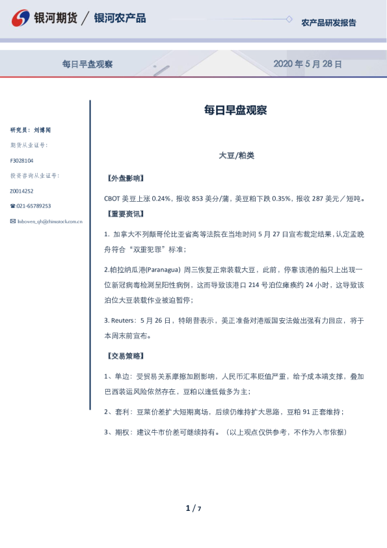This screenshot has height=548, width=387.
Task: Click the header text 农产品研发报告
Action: tap(328, 23)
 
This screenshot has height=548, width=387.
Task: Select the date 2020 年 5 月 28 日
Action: tap(307, 64)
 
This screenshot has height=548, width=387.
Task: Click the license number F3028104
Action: tap(21, 160)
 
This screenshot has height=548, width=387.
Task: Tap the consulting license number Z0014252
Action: tap(21, 191)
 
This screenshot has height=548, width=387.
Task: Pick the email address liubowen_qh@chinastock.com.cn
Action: tap(49, 222)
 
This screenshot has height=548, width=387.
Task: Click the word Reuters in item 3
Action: tap(122, 320)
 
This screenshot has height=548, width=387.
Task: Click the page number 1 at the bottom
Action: tap(188, 508)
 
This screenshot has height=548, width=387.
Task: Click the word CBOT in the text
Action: tap(111, 199)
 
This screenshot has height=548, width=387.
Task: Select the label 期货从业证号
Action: tap(29, 145)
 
